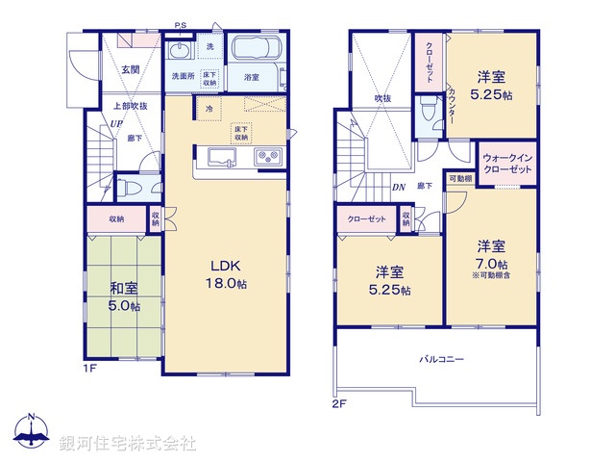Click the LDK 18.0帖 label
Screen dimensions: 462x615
tap(227, 274)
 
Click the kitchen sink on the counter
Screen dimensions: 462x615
tap(218, 157)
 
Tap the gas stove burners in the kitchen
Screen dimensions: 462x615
tap(266, 157)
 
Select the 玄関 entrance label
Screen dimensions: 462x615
tap(131, 69)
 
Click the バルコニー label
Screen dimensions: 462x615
tap(441, 358)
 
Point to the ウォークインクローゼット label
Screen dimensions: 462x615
tap(507, 163)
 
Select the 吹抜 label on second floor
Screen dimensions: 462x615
tap(382, 98)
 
